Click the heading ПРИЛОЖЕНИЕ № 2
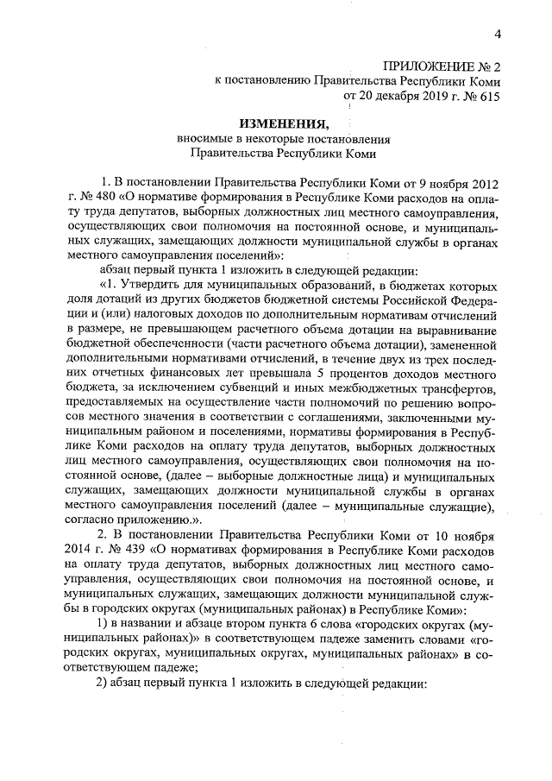coord(442,66)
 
